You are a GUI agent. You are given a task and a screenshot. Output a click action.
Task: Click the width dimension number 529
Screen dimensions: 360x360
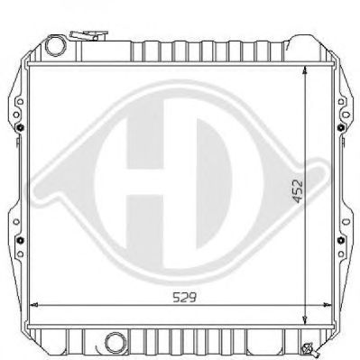point(184,298)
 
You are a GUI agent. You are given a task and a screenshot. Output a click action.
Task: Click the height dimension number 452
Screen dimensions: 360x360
point(298,191)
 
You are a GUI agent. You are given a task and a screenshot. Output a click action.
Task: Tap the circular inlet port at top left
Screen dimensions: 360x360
point(56,46)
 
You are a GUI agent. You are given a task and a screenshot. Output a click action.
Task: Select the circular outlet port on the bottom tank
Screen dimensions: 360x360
point(116,343)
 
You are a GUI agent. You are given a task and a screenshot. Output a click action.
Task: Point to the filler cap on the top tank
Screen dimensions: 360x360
point(88,35)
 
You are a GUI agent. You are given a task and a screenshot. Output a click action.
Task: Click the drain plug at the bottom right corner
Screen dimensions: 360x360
point(309,348)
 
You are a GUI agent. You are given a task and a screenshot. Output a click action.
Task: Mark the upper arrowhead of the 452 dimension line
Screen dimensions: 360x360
point(305,70)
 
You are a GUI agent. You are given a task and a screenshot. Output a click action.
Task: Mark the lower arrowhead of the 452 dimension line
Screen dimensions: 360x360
point(305,320)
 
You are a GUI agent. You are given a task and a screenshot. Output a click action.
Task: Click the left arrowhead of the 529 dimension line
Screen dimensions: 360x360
point(34,305)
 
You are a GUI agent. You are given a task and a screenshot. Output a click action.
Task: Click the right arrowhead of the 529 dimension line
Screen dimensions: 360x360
point(327,305)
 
